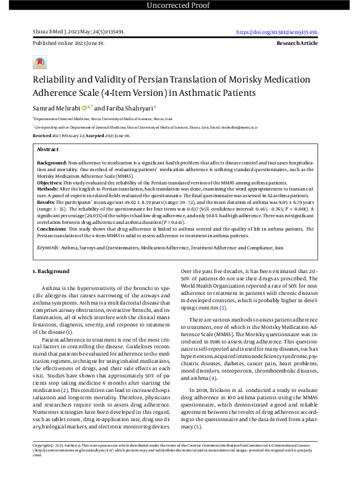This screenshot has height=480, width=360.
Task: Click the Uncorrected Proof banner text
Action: tap(180, 6)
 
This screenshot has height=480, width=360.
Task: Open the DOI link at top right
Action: tap(280, 32)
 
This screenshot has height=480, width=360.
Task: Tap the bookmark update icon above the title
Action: tap(39, 63)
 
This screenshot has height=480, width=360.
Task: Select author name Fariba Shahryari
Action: tap(131, 108)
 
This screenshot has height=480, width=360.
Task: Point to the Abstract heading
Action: tap(48, 149)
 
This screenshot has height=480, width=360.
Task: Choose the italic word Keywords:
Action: tap(49, 248)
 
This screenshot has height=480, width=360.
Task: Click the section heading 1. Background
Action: tap(52, 271)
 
